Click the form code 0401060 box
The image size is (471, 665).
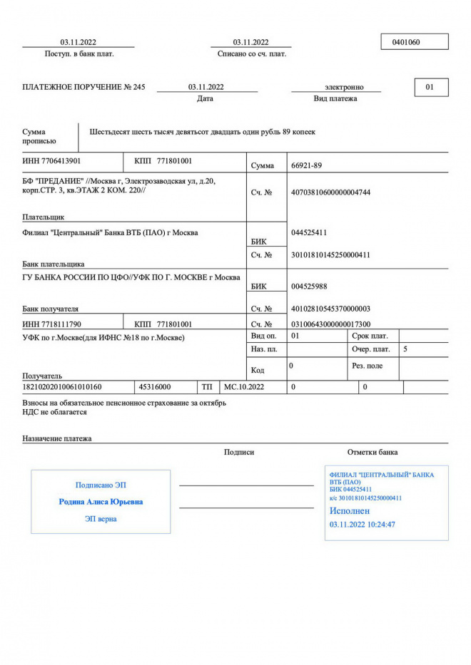click(x=415, y=42)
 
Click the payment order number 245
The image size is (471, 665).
click(x=138, y=87)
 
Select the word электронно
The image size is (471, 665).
click(x=344, y=87)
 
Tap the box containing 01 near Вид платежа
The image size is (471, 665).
click(x=430, y=87)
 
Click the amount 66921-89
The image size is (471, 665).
click(x=307, y=165)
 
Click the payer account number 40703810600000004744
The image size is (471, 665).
click(x=331, y=192)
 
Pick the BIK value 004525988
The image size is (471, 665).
click(x=310, y=287)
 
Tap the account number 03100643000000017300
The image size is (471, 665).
click(x=331, y=324)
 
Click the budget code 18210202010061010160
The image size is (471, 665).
click(x=62, y=387)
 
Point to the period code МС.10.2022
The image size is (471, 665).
click(x=244, y=387)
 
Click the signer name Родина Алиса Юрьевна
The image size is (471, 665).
click(x=101, y=502)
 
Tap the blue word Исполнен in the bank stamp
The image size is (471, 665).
click(x=350, y=511)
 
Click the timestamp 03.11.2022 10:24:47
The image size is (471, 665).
click(x=363, y=525)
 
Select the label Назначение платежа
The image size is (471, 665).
click(x=57, y=438)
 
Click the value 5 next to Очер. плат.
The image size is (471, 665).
click(x=405, y=349)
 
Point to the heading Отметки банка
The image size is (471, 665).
click(x=373, y=452)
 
